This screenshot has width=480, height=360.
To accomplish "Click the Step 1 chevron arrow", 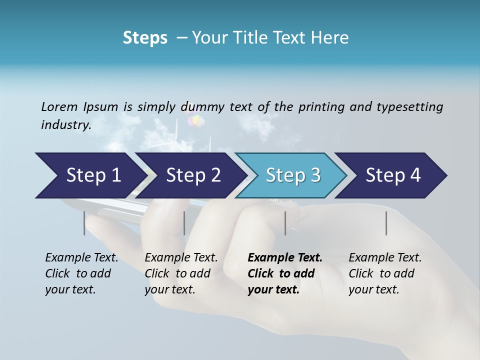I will click(90, 175).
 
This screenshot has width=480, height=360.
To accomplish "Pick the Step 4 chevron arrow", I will click(392, 175).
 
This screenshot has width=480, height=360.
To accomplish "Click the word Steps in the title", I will click(145, 38).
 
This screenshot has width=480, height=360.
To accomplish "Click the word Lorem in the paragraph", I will click(59, 106).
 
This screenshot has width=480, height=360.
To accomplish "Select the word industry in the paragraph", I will click(66, 125).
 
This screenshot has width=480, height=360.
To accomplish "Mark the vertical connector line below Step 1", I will click(84, 223).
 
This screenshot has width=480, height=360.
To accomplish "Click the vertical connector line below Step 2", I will click(184, 223).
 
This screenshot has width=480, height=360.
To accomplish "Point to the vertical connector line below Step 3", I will click(285, 223).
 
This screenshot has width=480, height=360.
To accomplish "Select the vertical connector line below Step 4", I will click(386, 223).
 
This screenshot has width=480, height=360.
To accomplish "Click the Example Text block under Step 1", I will click(81, 273).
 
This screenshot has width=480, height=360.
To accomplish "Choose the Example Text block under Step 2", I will click(181, 273).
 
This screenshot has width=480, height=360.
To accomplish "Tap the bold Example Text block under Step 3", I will click(285, 273).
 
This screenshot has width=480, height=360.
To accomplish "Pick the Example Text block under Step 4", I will click(385, 273).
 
